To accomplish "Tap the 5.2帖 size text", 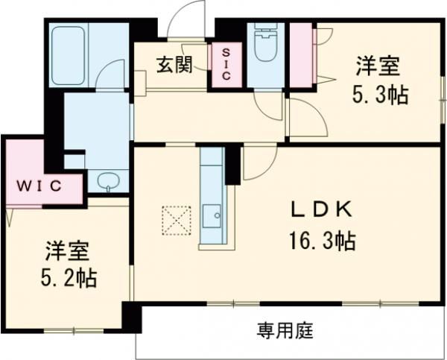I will click(67, 279).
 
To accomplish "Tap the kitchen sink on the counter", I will click(212, 217).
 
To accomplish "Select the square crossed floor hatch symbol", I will click(177, 220).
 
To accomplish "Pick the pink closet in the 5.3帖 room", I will click(302, 54).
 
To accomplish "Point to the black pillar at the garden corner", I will click(132, 318).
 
